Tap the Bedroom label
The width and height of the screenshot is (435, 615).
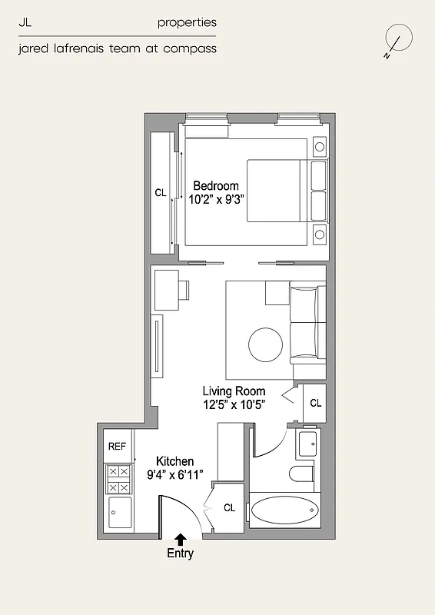coord(215,186)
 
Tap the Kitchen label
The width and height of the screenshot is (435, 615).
coord(174,461)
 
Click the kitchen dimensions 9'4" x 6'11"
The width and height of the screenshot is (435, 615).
coord(174,474)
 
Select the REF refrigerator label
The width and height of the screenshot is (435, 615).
coord(117,447)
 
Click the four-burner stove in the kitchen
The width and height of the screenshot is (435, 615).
coord(118,479)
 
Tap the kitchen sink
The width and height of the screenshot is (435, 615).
coord(118,512)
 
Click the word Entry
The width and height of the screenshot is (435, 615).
coord(181,553)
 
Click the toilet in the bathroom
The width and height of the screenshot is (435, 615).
coord(303,474)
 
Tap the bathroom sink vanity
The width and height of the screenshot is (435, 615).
coord(307,444)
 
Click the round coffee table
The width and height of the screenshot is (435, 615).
coord(266,345)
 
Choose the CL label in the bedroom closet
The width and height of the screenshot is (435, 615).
coord(160,194)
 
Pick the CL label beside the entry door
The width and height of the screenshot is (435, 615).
coord(229,508)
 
